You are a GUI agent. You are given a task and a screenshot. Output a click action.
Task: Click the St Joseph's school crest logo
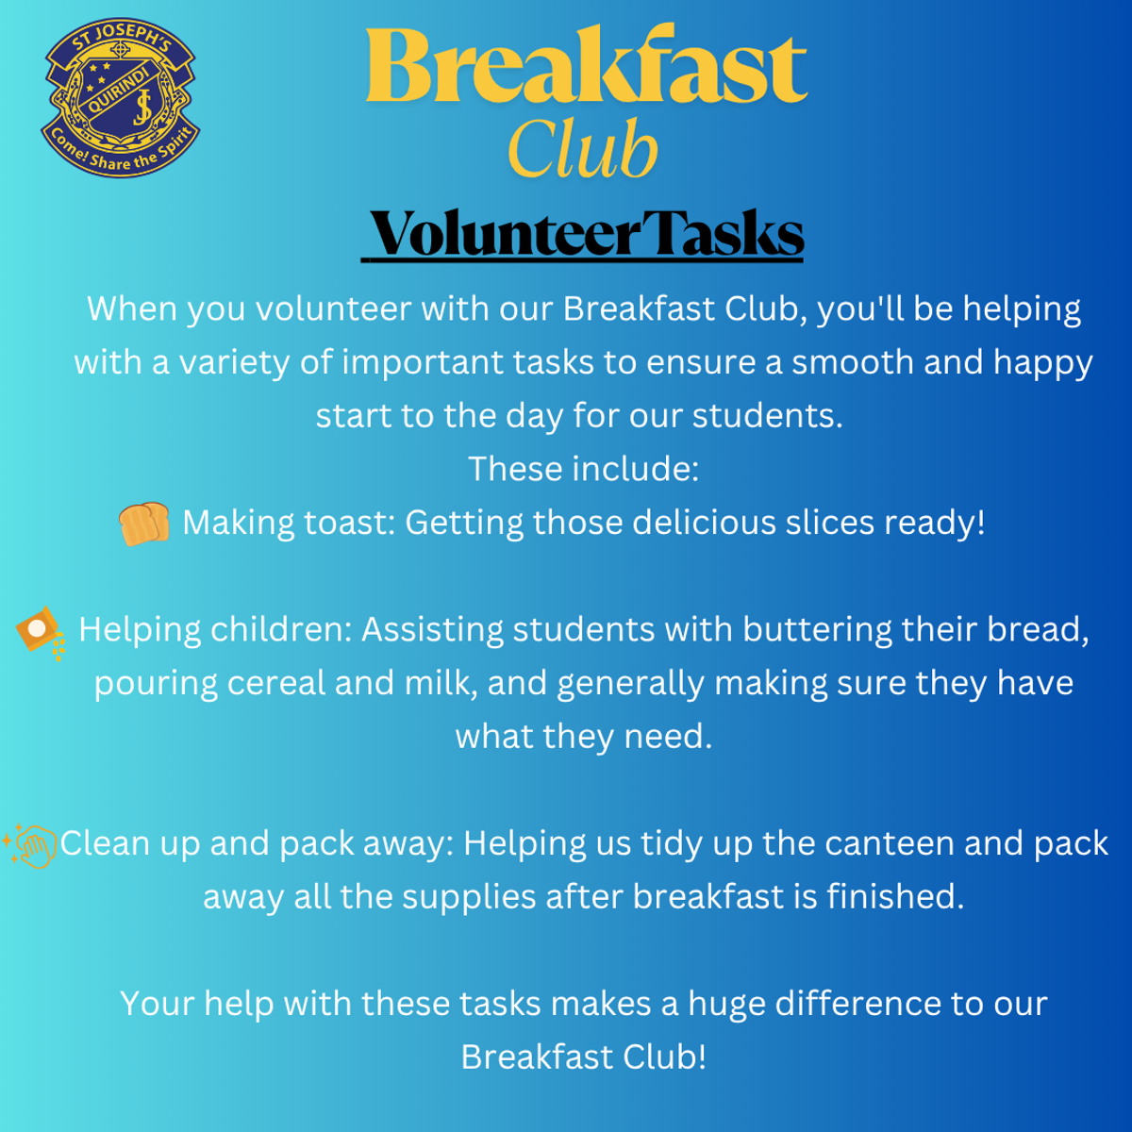(121, 98)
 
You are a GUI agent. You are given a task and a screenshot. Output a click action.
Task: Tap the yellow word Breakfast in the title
(587, 66)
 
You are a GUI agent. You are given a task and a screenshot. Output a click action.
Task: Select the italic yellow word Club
(583, 148)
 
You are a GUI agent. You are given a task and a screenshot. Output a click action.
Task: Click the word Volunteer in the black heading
(506, 234)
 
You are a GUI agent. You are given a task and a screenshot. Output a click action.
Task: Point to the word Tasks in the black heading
(723, 233)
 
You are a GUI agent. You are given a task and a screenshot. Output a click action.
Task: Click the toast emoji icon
(144, 524)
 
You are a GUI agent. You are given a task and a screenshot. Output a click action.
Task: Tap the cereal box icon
(41, 633)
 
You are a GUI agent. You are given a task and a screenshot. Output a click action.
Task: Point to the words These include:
(583, 469)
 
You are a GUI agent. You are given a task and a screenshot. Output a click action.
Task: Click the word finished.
(896, 896)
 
